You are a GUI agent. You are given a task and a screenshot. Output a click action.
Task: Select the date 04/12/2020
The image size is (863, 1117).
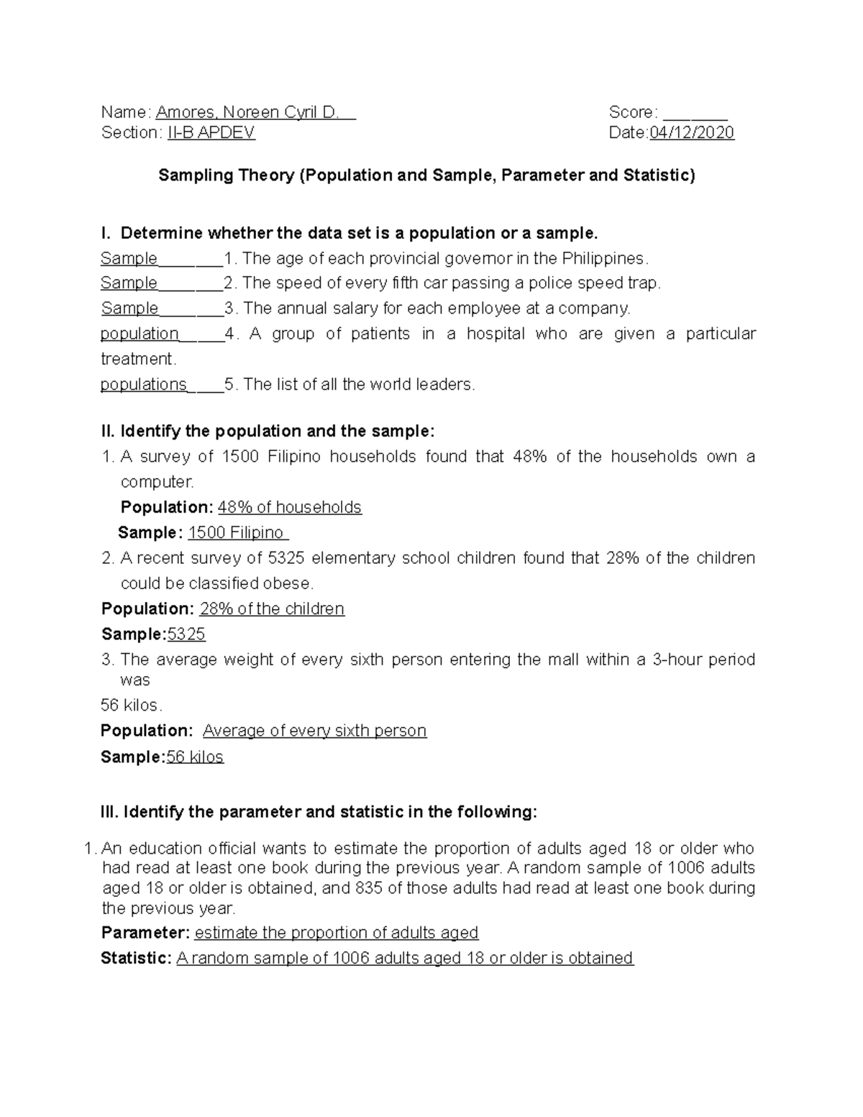[691, 133]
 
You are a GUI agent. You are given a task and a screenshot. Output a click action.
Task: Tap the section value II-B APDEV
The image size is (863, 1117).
[211, 133]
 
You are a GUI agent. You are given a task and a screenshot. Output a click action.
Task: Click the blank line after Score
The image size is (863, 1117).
[695, 114]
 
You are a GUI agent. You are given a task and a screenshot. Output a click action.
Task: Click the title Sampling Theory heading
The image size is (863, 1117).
[426, 175]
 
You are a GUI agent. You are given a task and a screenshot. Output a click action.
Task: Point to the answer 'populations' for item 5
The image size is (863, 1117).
[143, 385]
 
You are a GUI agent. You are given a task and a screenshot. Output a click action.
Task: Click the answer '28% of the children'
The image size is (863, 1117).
[272, 609]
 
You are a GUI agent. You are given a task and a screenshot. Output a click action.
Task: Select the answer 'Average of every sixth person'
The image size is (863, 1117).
[314, 731]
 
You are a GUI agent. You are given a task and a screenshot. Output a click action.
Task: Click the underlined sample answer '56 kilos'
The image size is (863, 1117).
[195, 757]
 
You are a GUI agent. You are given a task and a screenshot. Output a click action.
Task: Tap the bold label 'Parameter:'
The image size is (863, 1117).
[145, 934]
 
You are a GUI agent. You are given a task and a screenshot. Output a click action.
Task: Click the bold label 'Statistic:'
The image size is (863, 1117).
[136, 959]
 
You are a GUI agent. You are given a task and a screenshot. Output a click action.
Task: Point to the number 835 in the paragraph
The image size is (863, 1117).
[370, 888]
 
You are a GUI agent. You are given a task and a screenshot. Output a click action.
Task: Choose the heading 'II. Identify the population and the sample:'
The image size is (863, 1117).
[268, 432]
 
